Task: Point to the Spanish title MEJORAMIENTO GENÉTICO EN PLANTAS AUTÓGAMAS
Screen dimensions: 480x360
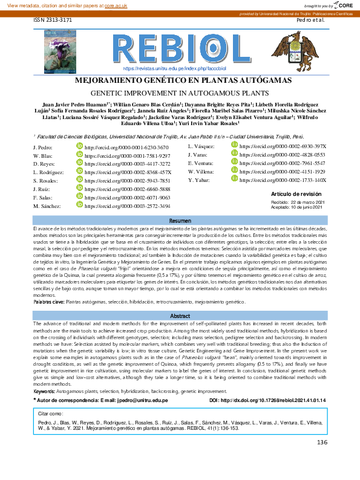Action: click(x=180, y=81)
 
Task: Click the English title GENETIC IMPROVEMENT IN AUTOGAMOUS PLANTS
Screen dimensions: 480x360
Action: click(x=180, y=94)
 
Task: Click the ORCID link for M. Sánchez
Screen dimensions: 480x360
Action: click(x=118, y=206)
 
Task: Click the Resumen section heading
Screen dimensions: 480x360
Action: click(x=180, y=221)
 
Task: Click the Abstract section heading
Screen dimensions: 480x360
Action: click(x=180, y=316)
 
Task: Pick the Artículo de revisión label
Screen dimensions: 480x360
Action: click(x=296, y=193)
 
